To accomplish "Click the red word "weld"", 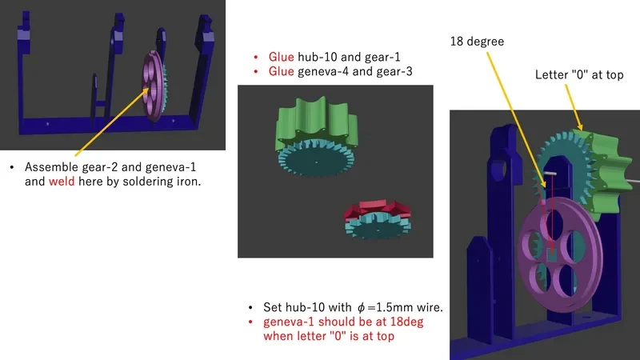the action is (x=62, y=182).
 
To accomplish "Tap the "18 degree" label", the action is (x=477, y=42).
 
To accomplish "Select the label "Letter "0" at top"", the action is (x=579, y=74).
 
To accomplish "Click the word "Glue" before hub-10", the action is (x=282, y=57).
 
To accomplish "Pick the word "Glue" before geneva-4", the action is (x=282, y=71).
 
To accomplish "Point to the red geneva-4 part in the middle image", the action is (x=377, y=210).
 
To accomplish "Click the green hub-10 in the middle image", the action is (x=317, y=121).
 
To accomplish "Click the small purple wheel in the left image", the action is (x=154, y=86).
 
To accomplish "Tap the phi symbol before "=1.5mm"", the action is (x=361, y=308).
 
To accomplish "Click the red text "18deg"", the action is (x=406, y=322).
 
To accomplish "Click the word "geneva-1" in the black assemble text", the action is (x=170, y=167).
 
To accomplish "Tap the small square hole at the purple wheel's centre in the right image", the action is (x=551, y=254).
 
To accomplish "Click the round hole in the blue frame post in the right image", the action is (x=499, y=169).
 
